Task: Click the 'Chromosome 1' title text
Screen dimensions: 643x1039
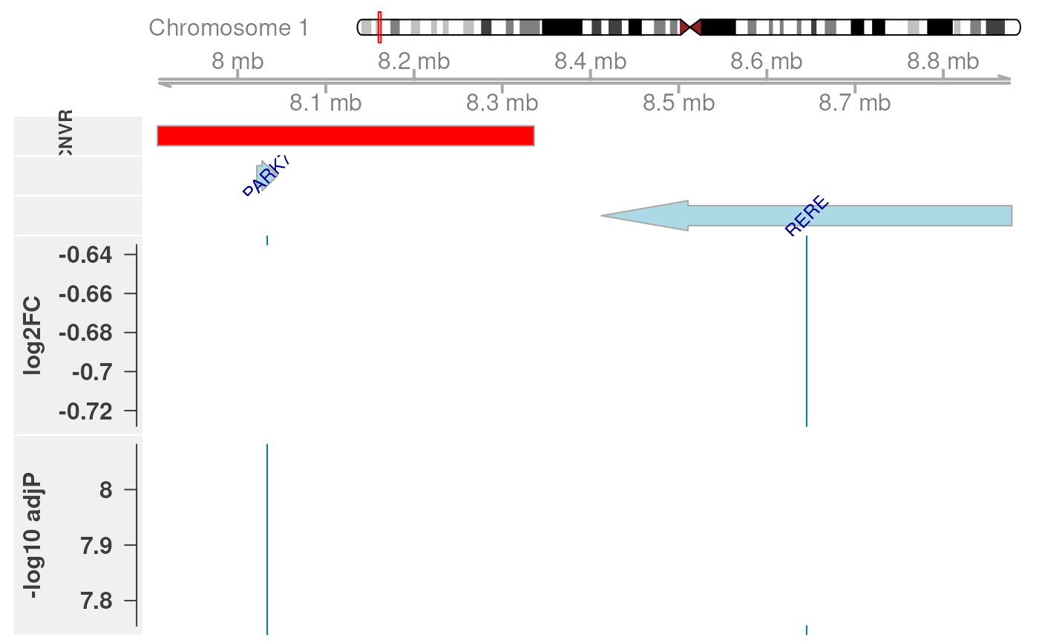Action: pos(229,28)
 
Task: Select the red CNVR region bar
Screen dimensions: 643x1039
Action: pos(345,136)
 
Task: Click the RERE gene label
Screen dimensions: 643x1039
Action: pos(806,215)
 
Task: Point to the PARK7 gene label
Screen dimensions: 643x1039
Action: pos(265,175)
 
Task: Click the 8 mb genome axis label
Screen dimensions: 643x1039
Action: pos(237,61)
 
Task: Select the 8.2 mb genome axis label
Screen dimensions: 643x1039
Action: pos(414,61)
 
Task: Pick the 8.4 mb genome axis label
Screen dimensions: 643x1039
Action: pos(591,61)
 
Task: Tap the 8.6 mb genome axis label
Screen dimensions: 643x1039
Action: pos(767,61)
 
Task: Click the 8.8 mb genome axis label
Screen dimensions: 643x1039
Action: pos(943,61)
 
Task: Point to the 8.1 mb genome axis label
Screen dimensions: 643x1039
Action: pos(326,102)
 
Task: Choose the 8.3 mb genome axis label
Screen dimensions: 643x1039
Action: pos(502,102)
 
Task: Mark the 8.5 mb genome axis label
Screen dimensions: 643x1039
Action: pos(679,102)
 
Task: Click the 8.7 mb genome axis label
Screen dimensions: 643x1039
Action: pos(855,102)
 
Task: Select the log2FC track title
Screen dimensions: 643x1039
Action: pos(32,336)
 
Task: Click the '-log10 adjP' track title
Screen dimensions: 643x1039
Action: pos(32,535)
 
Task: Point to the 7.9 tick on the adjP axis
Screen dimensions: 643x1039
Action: pos(99,546)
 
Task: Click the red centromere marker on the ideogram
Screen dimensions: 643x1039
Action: pos(690,27)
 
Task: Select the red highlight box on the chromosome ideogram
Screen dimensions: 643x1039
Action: pos(379,27)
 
